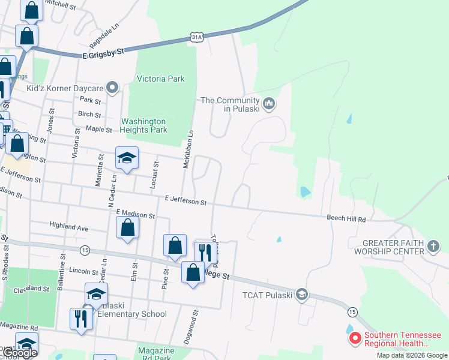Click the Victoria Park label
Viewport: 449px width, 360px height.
[x=161, y=79]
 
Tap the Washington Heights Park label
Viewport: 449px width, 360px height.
[x=143, y=125]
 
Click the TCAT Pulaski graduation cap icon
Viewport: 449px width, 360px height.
[x=302, y=294]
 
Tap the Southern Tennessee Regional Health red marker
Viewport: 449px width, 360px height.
[x=355, y=339]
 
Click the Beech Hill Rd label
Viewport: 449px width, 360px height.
[x=346, y=219]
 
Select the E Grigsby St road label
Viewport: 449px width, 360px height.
[x=103, y=53]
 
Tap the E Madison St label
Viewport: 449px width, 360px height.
[x=136, y=213]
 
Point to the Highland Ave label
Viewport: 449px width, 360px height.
[x=69, y=227]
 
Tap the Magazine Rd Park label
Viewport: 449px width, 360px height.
[x=155, y=354]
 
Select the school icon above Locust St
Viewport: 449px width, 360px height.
[x=127, y=158]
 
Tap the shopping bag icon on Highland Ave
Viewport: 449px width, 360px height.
[x=127, y=228]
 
